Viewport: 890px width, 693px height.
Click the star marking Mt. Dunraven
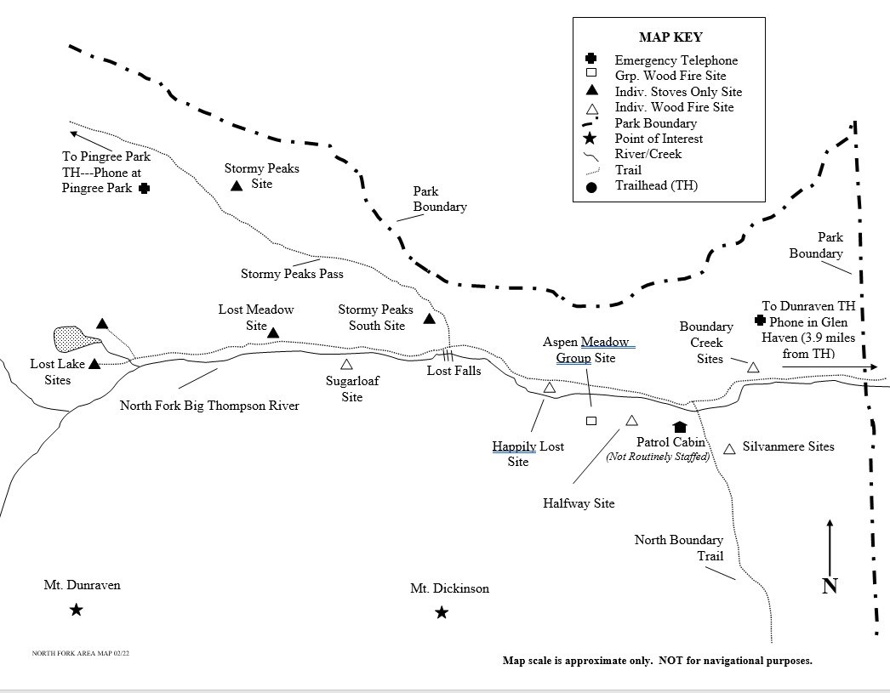click(76, 609)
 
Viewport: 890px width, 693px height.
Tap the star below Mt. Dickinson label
click(442, 612)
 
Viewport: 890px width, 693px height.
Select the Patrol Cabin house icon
click(680, 428)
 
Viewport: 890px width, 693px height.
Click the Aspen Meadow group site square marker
click(591, 421)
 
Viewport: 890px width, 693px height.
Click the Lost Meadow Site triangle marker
click(274, 332)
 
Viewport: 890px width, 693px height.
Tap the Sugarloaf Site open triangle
click(346, 388)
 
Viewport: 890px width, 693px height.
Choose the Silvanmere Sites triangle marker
click(729, 448)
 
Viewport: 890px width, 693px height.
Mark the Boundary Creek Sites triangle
click(753, 366)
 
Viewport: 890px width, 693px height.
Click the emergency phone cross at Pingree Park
click(145, 188)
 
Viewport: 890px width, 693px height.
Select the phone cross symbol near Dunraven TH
click(761, 321)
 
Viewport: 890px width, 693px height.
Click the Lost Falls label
click(454, 371)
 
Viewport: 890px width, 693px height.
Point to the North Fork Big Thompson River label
click(209, 406)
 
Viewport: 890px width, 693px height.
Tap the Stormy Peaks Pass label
click(292, 274)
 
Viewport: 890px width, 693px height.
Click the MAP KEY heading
click(670, 37)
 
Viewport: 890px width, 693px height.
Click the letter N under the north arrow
click(830, 585)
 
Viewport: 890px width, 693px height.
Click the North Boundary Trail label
click(679, 548)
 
